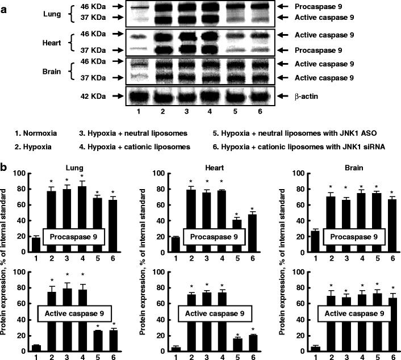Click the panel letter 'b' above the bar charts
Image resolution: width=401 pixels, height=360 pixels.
coord(5,169)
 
